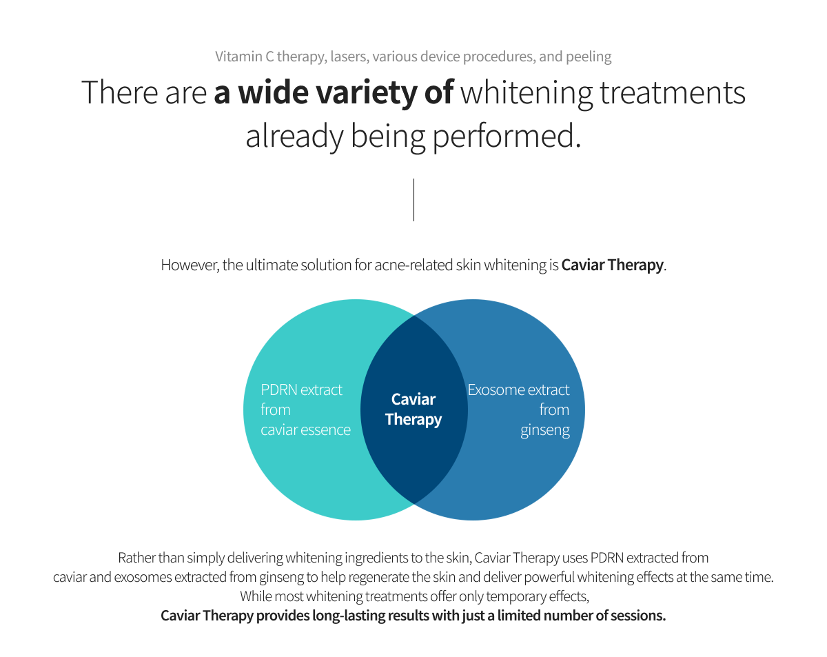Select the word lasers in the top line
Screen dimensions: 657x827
[347, 57]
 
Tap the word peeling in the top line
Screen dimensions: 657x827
[589, 57]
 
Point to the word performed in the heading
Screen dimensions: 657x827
[507, 137]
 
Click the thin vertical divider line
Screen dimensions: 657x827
[413, 200]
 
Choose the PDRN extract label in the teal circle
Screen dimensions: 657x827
[301, 390]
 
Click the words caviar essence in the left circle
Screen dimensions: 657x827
[305, 430]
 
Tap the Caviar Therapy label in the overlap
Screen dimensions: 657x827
[413, 410]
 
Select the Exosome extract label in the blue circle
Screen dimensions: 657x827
[518, 390]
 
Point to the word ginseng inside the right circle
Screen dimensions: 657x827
[545, 430]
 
